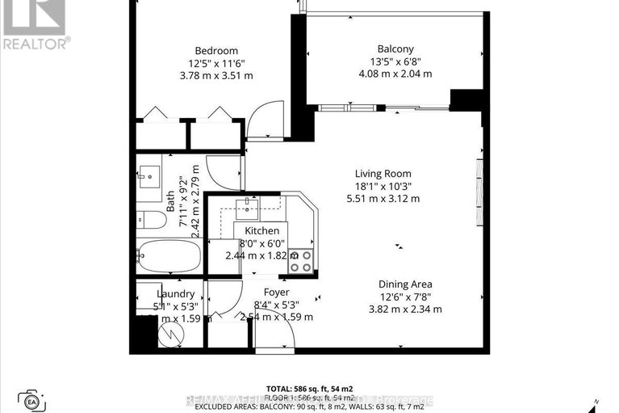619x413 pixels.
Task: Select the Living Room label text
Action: pyautogui.click(x=383, y=174)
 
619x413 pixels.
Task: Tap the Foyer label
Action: pyautogui.click(x=276, y=293)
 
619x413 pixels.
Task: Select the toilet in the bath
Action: pyautogui.click(x=149, y=218)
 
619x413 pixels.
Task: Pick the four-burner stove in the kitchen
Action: pyautogui.click(x=301, y=259)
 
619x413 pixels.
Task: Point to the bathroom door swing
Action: pyautogui.click(x=224, y=171)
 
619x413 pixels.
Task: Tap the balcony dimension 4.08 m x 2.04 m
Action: pyautogui.click(x=395, y=74)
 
